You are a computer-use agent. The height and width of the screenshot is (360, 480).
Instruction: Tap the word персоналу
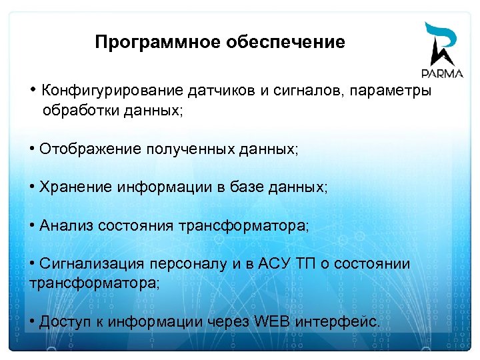click(x=189, y=264)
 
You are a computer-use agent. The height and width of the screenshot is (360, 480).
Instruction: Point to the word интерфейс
click(x=338, y=322)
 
